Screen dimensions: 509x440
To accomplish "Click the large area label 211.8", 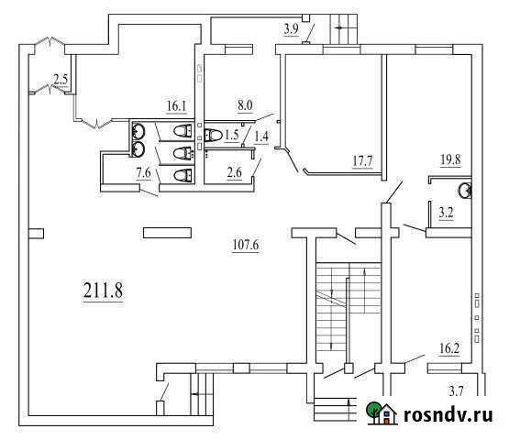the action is click(x=103, y=290).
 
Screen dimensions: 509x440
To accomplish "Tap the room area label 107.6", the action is click(x=246, y=245).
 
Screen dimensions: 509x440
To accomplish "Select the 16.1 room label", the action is click(x=176, y=105).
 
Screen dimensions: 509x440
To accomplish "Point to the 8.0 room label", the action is click(x=245, y=104).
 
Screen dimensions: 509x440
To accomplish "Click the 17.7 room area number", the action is click(x=362, y=160).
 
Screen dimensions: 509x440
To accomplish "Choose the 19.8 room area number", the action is click(x=450, y=159).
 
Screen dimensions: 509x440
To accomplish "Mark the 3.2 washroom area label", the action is click(x=446, y=213).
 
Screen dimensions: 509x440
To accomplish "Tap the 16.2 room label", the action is click(x=449, y=348).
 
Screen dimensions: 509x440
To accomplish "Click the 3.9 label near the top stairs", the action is click(x=291, y=29).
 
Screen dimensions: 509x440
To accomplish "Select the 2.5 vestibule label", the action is click(x=61, y=80).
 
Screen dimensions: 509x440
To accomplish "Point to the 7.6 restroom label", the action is click(x=143, y=173).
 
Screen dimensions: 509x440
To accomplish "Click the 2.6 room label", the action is click(x=235, y=172).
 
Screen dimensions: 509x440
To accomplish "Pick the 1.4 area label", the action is click(x=261, y=137).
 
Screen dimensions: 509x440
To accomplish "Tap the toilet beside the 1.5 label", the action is click(x=213, y=135).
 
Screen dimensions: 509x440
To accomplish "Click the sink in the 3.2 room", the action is click(x=465, y=191).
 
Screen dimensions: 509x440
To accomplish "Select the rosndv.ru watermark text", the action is click(x=448, y=414).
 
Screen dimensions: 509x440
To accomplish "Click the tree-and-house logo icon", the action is click(x=382, y=412).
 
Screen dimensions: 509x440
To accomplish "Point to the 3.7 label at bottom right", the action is click(x=456, y=391).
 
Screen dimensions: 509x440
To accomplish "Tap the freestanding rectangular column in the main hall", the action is click(x=167, y=233).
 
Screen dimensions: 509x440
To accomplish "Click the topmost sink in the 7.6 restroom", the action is click(x=138, y=132).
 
